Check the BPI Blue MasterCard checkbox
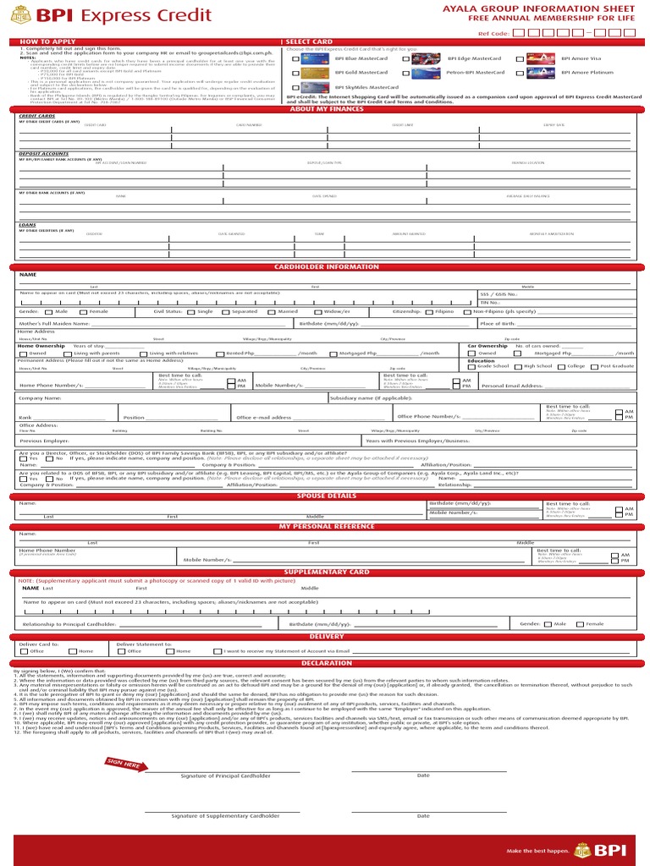click(295, 59)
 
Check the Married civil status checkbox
click(272, 311)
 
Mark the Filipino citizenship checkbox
click(429, 311)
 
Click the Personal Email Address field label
click(511, 386)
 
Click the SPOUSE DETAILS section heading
click(326, 496)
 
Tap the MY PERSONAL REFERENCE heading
click(326, 526)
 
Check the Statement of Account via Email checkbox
click(218, 651)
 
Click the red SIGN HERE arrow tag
click(123, 764)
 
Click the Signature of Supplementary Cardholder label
click(225, 816)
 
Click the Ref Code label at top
click(493, 33)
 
